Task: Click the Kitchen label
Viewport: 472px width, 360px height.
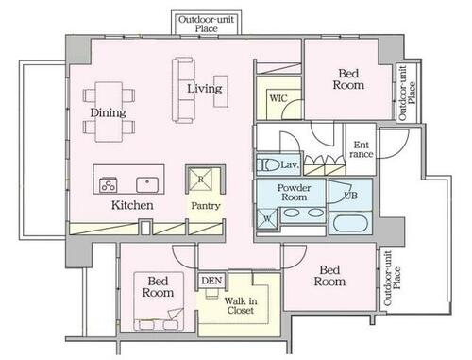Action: pyautogui.click(x=132, y=205)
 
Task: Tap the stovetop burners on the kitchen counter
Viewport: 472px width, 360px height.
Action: pyautogui.click(x=109, y=185)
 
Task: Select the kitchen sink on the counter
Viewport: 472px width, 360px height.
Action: pyautogui.click(x=147, y=184)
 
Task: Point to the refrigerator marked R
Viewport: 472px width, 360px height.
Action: pyautogui.click(x=200, y=180)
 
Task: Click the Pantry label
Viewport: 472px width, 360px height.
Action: pyautogui.click(x=206, y=206)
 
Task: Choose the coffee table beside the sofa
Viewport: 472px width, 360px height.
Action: pyautogui.click(x=221, y=92)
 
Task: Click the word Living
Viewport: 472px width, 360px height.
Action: pyautogui.click(x=205, y=89)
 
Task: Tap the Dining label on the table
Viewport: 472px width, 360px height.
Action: pyautogui.click(x=109, y=112)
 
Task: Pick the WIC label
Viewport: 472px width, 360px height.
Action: pyautogui.click(x=278, y=98)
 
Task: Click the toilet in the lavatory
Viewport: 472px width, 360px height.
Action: pyautogui.click(x=268, y=165)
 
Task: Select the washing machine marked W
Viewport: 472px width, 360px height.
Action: pyautogui.click(x=267, y=218)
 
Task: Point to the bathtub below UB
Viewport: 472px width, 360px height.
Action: pyautogui.click(x=350, y=223)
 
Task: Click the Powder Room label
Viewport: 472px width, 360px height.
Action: pyautogui.click(x=294, y=193)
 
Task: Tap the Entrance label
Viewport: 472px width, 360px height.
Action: pyautogui.click(x=362, y=149)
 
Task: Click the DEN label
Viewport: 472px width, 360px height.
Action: pyautogui.click(x=211, y=281)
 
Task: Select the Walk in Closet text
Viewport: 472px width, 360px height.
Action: pyautogui.click(x=241, y=305)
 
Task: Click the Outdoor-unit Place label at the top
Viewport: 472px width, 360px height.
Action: pyautogui.click(x=206, y=24)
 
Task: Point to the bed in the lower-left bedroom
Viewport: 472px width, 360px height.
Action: pyautogui.click(x=159, y=301)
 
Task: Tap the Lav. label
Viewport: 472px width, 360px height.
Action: pyautogui.click(x=290, y=164)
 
